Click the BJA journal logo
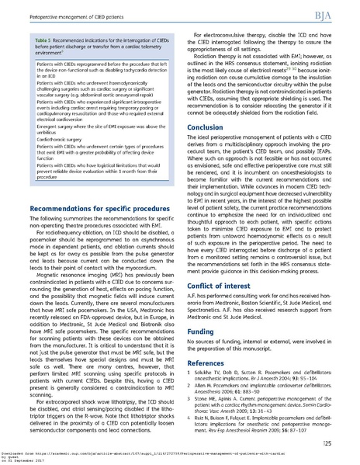(337, 15)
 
